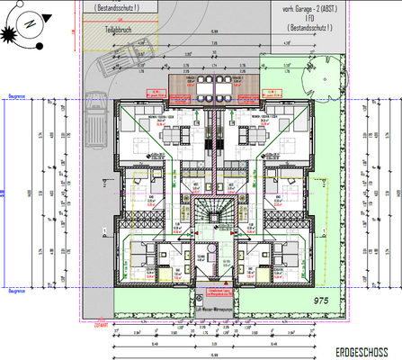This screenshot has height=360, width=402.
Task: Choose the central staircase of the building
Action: pos(212,216)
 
